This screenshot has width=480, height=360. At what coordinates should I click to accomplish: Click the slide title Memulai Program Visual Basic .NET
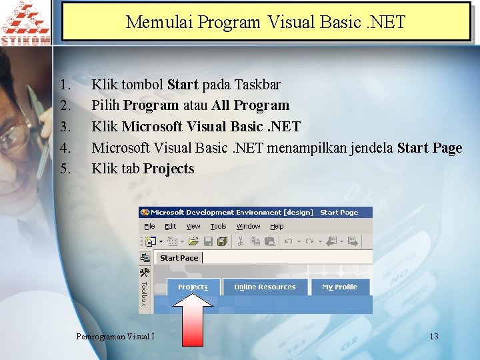[265, 22]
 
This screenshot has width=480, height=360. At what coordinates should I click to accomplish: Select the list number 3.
[65, 127]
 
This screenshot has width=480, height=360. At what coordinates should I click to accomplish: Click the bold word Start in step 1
[183, 85]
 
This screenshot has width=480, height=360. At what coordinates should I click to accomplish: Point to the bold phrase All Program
[251, 105]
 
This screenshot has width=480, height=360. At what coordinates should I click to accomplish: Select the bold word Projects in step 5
[169, 169]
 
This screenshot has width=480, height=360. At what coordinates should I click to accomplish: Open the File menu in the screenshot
[150, 227]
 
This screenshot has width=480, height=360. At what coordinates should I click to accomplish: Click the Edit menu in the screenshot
[171, 227]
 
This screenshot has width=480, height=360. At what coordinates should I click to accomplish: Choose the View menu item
[193, 227]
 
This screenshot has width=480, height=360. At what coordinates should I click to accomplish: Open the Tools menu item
[219, 227]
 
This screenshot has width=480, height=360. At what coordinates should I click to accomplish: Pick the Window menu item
[249, 227]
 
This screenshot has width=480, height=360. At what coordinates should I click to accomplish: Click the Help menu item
[277, 227]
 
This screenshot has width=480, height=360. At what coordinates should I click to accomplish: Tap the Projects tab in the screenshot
[193, 287]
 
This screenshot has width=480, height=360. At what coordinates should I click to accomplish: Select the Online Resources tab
[265, 287]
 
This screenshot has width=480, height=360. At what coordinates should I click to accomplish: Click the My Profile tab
[340, 287]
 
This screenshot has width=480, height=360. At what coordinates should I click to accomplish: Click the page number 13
[434, 336]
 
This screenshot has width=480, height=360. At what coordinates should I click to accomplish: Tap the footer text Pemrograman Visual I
[116, 336]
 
